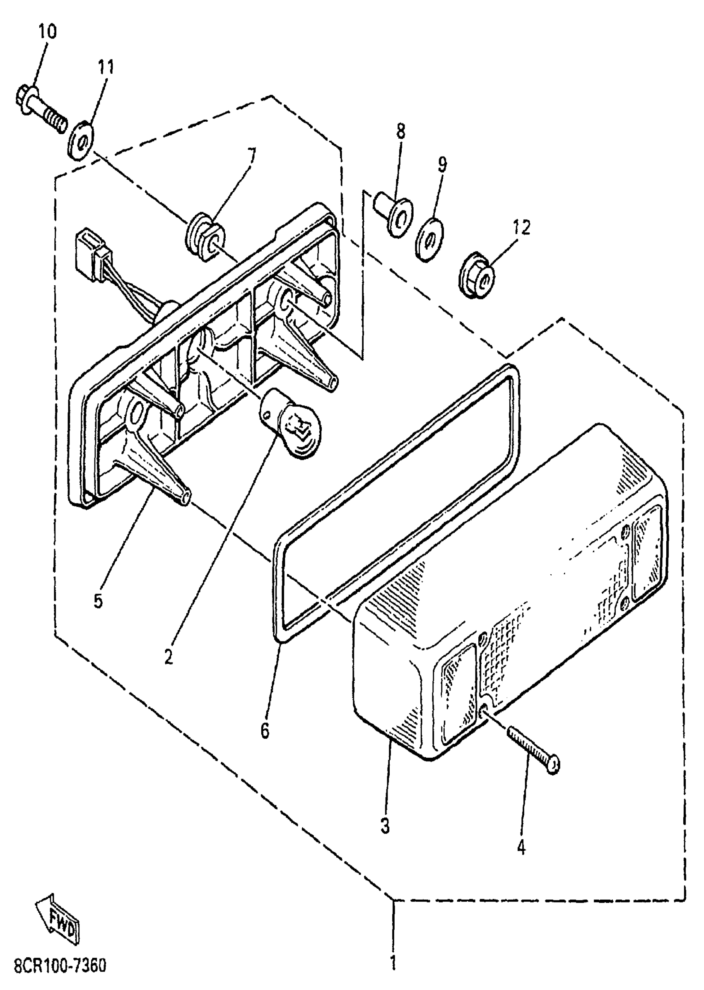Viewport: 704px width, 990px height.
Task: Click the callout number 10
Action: click(x=47, y=31)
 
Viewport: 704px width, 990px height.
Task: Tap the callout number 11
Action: click(x=105, y=67)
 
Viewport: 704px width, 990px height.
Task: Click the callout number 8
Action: click(x=400, y=131)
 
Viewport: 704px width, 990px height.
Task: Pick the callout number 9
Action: click(x=442, y=165)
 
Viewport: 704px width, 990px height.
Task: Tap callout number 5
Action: click(x=98, y=601)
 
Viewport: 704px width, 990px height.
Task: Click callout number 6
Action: click(x=265, y=731)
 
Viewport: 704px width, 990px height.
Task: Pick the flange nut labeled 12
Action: click(x=476, y=275)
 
